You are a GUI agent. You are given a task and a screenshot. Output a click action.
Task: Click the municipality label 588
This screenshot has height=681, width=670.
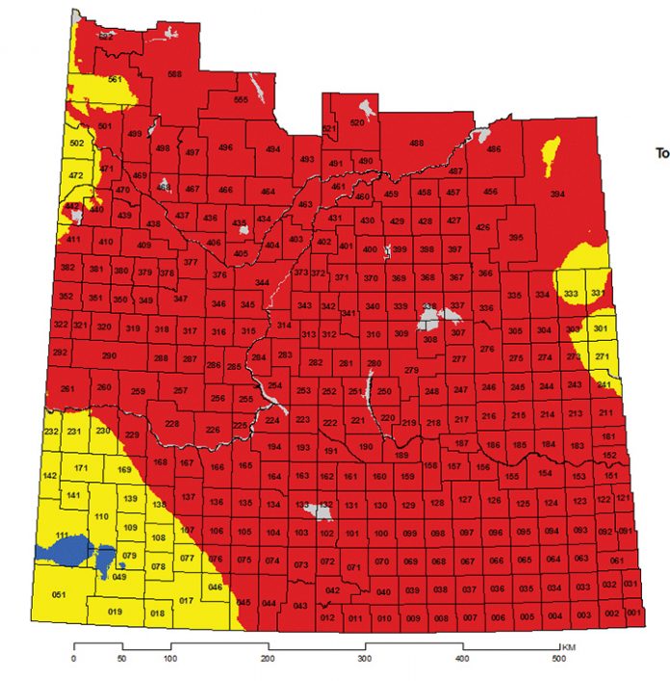click(174, 74)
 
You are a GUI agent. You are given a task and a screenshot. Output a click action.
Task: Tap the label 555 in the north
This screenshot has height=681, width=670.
click(241, 100)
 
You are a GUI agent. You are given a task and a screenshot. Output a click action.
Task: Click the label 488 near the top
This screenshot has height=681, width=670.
click(416, 144)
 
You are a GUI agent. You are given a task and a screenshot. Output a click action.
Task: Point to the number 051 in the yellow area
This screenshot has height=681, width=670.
click(59, 596)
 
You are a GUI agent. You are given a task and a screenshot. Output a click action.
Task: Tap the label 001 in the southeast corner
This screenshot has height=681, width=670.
click(632, 614)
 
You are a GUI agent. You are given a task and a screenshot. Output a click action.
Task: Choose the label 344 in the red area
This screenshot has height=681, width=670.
click(261, 282)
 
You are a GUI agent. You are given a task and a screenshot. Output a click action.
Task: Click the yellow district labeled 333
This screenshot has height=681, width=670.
click(571, 294)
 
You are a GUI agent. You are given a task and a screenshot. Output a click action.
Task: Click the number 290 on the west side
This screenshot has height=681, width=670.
click(109, 356)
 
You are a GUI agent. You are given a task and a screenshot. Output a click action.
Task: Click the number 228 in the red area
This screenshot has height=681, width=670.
click(172, 424)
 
